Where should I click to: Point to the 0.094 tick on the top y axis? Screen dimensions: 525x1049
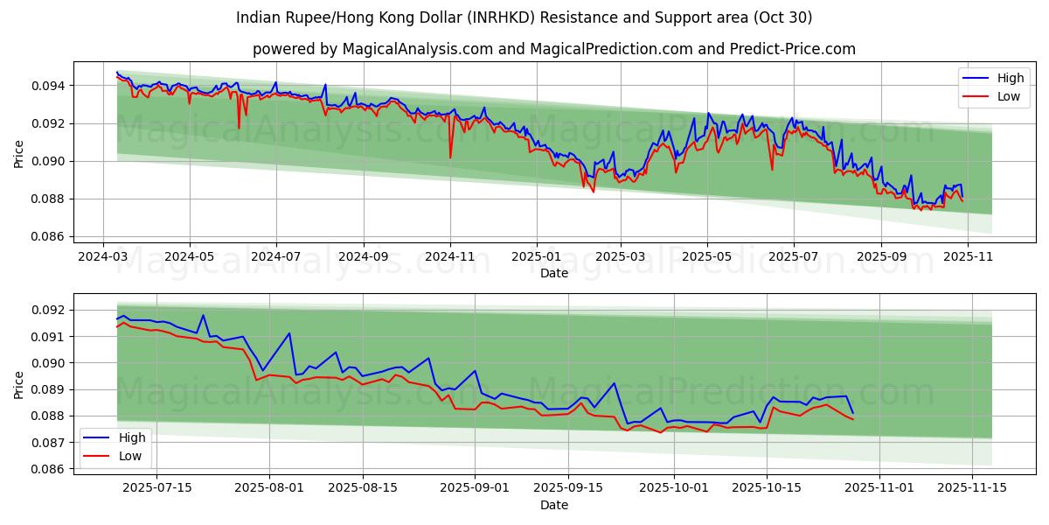click(x=47, y=86)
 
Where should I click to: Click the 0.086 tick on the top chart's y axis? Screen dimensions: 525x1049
click(x=47, y=237)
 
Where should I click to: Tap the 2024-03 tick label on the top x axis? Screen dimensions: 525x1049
click(x=103, y=257)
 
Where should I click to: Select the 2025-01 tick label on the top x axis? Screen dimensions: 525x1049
click(x=535, y=257)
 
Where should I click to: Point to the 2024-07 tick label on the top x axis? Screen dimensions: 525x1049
click(x=275, y=257)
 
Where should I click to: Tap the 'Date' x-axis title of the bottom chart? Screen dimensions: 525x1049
click(x=554, y=505)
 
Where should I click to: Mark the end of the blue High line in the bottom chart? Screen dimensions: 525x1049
click(x=853, y=413)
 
